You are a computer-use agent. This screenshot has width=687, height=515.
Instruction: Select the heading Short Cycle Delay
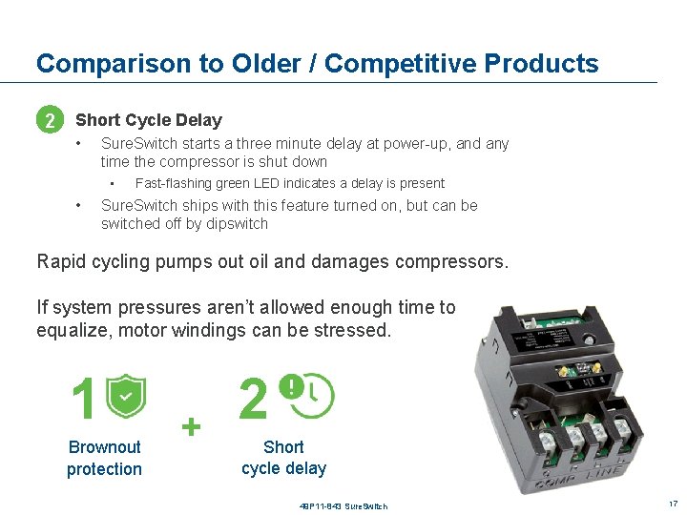[149, 120]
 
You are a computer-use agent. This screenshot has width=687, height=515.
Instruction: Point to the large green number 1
[84, 399]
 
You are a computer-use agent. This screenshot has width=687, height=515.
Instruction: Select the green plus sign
[193, 426]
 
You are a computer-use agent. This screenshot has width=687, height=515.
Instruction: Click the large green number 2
[253, 399]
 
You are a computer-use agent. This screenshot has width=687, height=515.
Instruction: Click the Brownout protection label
[104, 458]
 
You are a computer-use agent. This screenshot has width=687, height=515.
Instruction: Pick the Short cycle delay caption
[283, 458]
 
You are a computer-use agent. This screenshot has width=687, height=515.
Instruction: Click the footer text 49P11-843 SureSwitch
[343, 505]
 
